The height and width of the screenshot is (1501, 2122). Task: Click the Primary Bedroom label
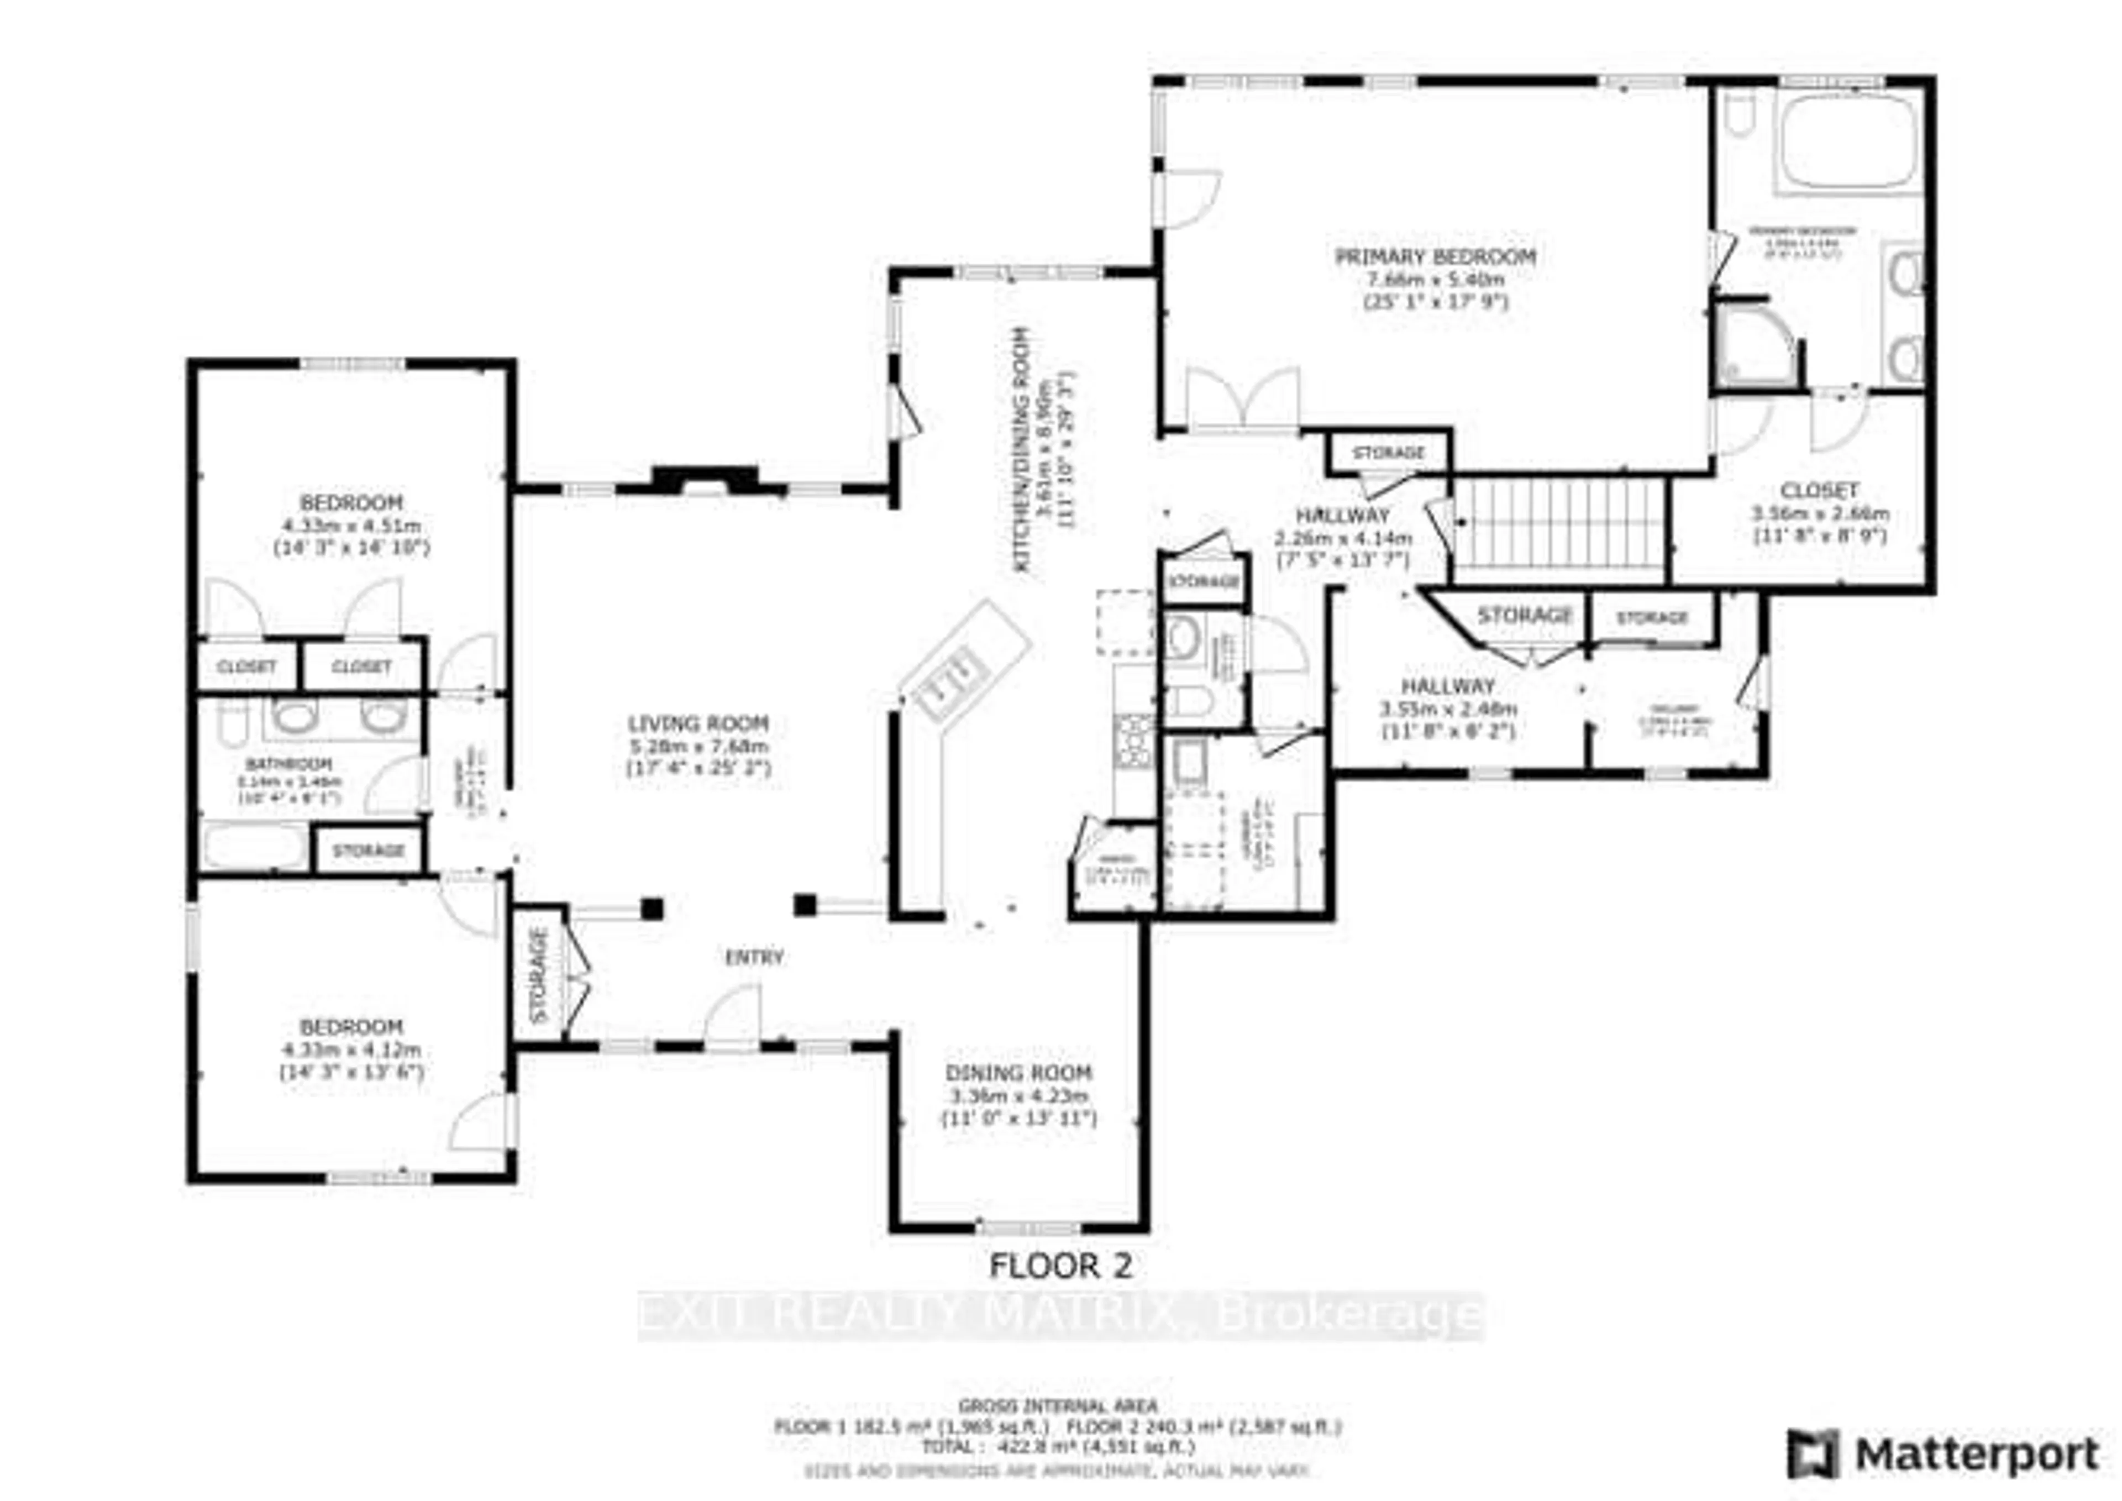click(1435, 257)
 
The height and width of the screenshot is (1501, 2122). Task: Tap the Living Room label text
click(698, 724)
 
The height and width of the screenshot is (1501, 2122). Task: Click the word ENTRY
click(754, 958)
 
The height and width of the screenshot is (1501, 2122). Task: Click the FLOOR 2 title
click(1060, 1266)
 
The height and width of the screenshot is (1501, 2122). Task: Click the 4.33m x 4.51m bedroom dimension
click(351, 526)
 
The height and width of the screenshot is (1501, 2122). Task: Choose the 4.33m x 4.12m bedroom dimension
click(351, 1051)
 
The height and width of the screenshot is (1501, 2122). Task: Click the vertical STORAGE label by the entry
click(539, 974)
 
